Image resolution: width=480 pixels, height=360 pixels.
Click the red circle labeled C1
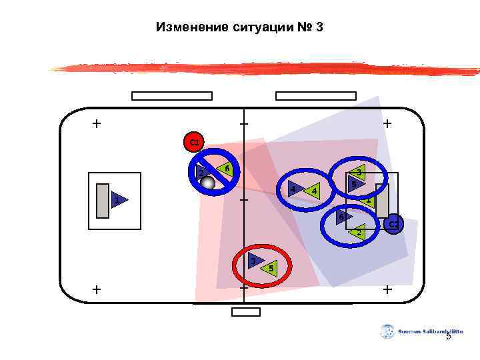click(x=193, y=142)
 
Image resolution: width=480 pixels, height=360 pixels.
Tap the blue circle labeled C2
click(x=393, y=225)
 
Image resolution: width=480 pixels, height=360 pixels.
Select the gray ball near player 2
click(x=208, y=183)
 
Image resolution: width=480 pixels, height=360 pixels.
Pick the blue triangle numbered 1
click(x=118, y=200)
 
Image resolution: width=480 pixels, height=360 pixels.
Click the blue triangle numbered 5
click(x=355, y=183)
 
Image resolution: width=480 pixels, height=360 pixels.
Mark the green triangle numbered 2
click(x=358, y=232)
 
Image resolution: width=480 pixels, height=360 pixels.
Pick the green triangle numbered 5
click(x=269, y=268)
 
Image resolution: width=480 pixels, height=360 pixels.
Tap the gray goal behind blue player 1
click(x=102, y=200)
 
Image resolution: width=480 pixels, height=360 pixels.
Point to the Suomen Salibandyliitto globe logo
click(x=387, y=331)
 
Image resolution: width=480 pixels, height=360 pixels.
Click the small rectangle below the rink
click(x=245, y=312)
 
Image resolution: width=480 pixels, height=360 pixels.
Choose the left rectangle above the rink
click(x=171, y=96)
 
